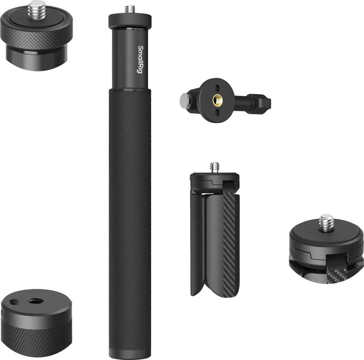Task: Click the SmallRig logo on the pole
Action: coord(140,60)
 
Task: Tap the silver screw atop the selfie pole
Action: coord(130,10)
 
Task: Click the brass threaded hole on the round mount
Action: coord(217,100)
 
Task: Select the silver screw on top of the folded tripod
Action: coord(214,167)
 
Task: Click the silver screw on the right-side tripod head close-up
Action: coord(326,222)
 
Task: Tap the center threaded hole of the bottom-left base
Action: coord(34,301)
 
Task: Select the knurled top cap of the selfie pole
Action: coord(130,20)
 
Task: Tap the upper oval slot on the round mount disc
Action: coord(217,89)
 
